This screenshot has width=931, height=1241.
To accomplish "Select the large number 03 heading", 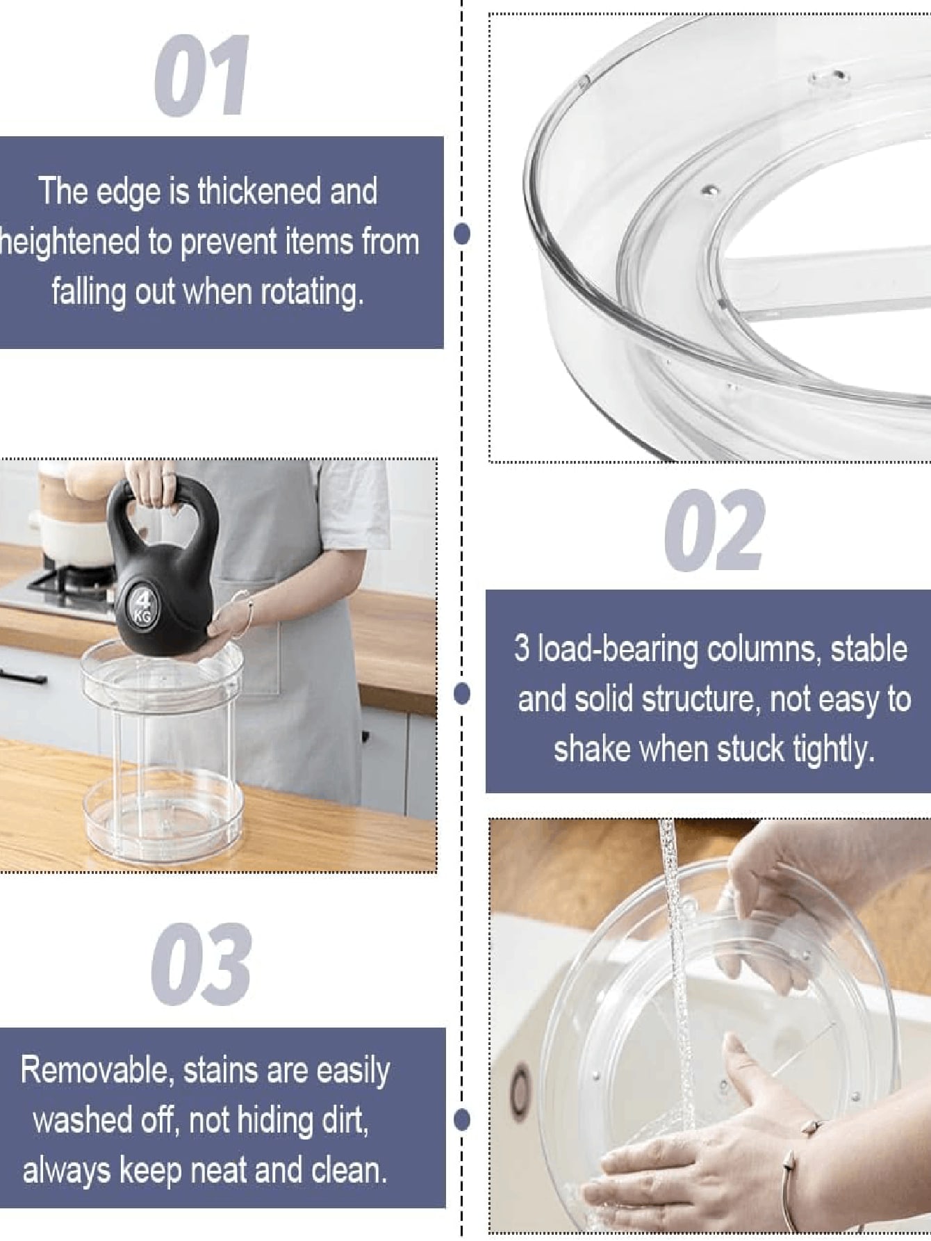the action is click(201, 964).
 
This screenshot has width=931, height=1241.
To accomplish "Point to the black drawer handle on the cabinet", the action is click(22, 676).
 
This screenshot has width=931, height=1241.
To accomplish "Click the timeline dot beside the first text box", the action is click(461, 234).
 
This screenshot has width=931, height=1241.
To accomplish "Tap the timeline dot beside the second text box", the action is click(461, 693).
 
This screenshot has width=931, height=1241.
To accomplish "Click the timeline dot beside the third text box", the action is click(461, 1119).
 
